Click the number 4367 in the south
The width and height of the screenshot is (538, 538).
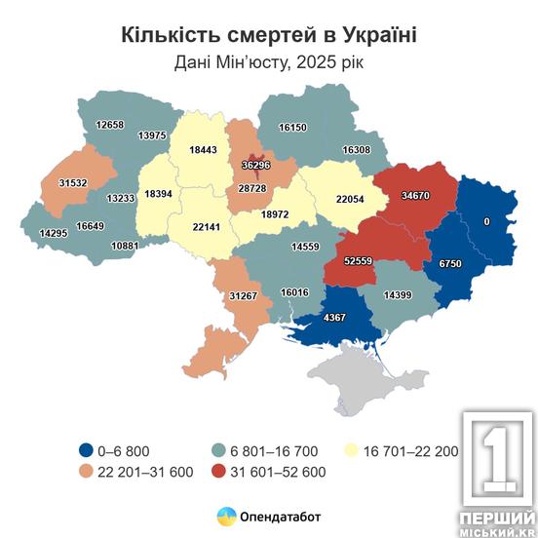(x=334, y=317)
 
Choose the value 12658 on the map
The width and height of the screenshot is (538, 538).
(x=112, y=125)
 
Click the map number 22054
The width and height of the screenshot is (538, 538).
(x=336, y=199)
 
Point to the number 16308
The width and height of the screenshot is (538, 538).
(x=356, y=150)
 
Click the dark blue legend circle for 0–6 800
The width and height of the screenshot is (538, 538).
(x=87, y=450)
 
